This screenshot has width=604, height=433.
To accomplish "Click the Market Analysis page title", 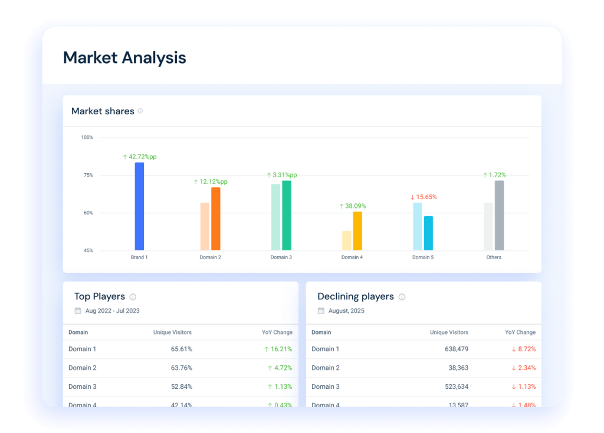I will [x=124, y=58].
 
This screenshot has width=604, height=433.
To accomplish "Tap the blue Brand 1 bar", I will [x=139, y=206].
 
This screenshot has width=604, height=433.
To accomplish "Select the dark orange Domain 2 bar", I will [x=216, y=219].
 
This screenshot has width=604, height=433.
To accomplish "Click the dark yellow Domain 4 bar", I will [x=357, y=231].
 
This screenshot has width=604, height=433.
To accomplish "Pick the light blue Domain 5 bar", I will [x=418, y=226].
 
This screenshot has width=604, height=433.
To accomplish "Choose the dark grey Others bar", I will [x=499, y=215].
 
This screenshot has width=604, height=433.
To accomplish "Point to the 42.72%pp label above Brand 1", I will [x=140, y=157].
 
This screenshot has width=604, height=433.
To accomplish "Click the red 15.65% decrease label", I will [x=424, y=197].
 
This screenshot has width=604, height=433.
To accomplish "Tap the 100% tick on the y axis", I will [x=87, y=137].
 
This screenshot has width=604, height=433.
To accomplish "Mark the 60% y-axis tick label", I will [x=88, y=213].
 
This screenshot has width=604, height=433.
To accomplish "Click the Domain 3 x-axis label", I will [x=281, y=257].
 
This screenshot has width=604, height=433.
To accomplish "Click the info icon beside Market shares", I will [x=140, y=111].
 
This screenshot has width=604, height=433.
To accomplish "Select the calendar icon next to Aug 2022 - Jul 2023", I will [x=78, y=310].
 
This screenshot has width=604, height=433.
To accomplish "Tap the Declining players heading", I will [x=355, y=296].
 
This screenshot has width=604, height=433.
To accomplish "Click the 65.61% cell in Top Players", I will [x=182, y=349].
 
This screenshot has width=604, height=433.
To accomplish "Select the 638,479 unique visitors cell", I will [x=457, y=349].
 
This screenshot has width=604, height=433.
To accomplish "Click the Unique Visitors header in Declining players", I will [x=449, y=332].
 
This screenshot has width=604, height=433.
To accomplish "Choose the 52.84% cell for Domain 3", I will [x=182, y=386].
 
